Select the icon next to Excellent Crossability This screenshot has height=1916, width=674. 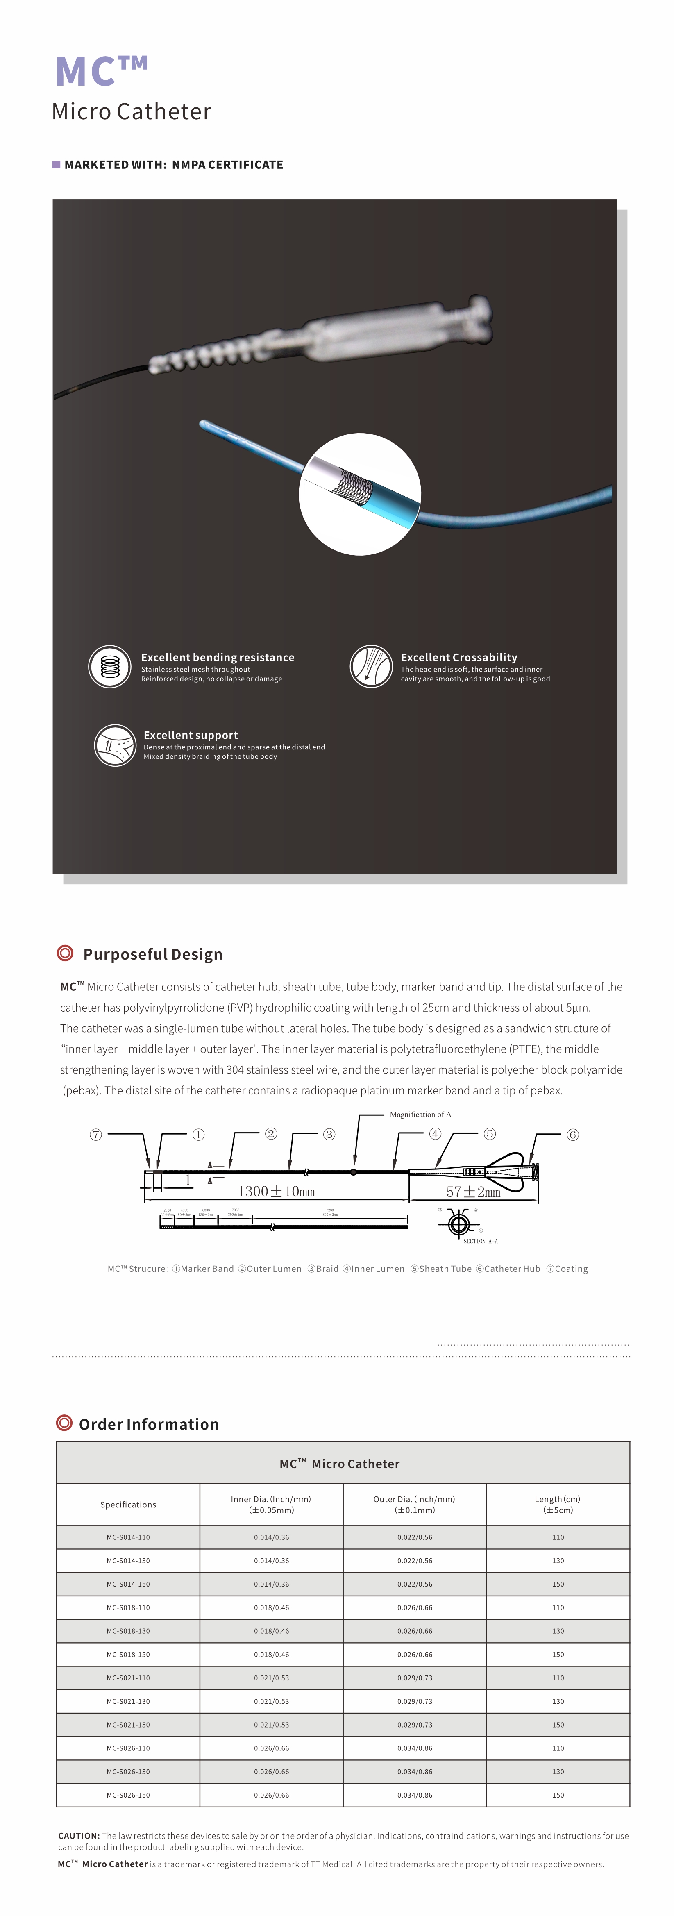coord(370,666)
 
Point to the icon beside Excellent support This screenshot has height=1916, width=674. coord(115,745)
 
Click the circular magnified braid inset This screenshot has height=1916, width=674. coord(360,495)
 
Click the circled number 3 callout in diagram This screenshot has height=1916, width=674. coord(329,1134)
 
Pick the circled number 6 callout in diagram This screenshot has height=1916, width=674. coord(572,1134)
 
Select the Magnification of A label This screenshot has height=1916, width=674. coord(420,1114)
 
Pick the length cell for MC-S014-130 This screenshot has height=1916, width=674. coord(558,1560)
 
